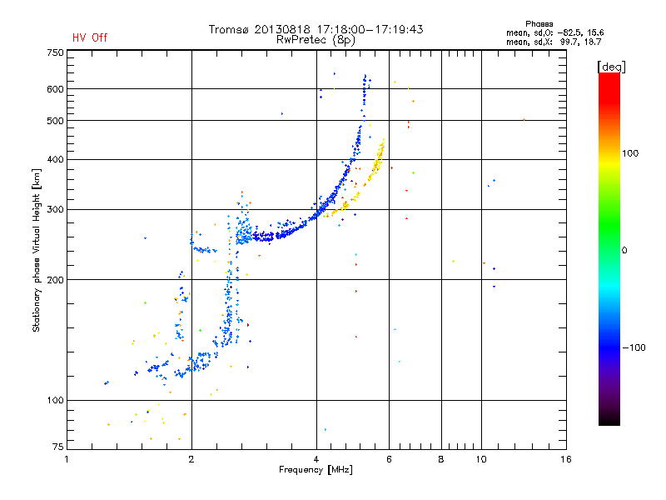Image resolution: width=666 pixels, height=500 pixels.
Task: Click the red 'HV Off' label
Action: pos(90,37)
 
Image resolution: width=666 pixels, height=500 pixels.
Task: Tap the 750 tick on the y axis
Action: pos(55,52)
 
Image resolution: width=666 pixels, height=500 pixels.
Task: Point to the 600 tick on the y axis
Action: pos(55,89)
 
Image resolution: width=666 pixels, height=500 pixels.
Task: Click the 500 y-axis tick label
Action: pos(55,121)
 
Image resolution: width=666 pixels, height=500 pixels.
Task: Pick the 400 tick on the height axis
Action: pos(55,159)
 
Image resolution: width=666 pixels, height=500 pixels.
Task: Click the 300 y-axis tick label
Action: pos(55,209)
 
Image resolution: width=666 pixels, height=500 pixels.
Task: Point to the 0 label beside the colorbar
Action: pos(624,250)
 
